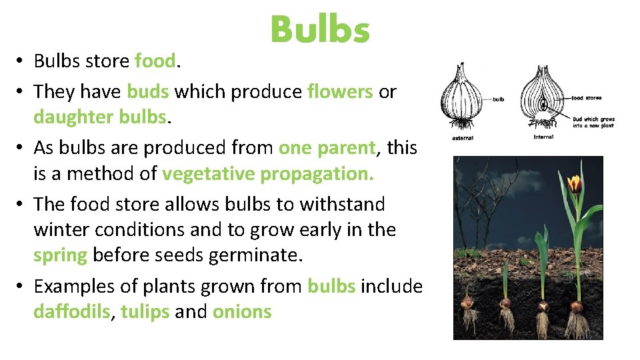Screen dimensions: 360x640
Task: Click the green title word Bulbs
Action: point(320,30)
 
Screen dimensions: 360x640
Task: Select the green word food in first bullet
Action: point(155,61)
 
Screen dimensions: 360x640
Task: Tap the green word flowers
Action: point(340,91)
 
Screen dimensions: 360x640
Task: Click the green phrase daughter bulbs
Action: point(99,117)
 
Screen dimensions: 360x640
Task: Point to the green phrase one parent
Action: point(327,147)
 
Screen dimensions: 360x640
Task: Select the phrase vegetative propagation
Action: point(268,173)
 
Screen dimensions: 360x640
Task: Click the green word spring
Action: point(60,255)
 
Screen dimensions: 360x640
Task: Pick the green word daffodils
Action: point(71,312)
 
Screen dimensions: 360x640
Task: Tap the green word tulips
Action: point(145,312)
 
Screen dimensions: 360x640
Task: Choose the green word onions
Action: point(242,312)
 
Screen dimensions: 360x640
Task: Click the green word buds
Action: point(148,91)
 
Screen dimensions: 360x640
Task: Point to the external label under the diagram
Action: point(463,138)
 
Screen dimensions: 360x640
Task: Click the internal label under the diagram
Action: point(543,137)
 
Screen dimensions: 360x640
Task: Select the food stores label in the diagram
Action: point(586,98)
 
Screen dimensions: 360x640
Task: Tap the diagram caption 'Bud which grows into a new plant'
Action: point(593,123)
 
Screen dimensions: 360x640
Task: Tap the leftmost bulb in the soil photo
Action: point(469,302)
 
